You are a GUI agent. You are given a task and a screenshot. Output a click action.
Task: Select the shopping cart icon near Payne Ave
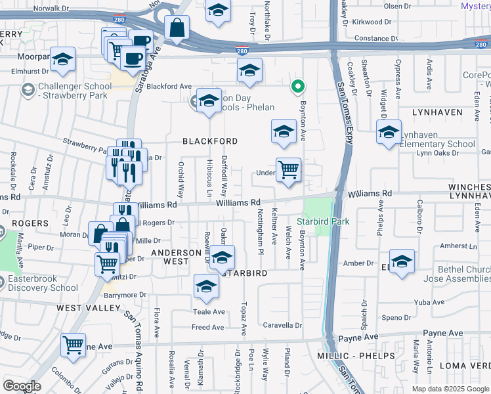[x=74, y=345]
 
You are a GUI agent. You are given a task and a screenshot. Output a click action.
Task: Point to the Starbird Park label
[x=323, y=221]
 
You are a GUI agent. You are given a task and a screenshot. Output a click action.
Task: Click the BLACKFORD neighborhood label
[x=209, y=141]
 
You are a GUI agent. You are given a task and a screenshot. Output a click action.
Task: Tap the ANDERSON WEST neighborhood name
[x=176, y=257]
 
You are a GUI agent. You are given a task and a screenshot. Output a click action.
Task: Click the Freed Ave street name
[x=207, y=327]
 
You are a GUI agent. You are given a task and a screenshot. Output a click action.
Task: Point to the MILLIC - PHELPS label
[x=365, y=356]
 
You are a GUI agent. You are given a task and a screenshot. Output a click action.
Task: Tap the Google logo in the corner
[x=22, y=386]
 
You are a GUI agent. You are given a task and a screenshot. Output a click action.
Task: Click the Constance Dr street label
[x=376, y=39]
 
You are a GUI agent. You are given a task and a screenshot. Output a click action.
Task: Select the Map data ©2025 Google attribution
[x=450, y=389]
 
